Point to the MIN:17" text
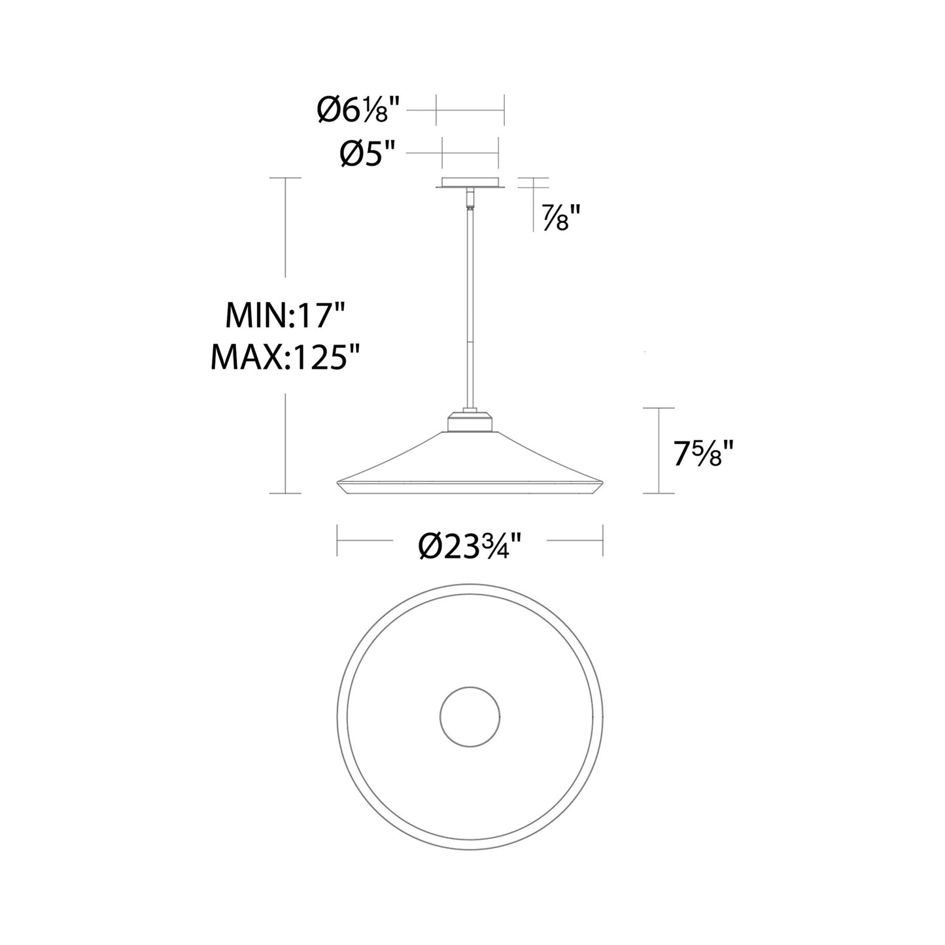point(284,317)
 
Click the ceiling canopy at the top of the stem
point(470,183)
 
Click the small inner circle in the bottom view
point(470,717)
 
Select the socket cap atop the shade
point(470,422)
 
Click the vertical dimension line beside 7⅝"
point(658,451)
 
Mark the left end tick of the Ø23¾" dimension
point(337,540)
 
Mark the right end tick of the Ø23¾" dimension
point(602,540)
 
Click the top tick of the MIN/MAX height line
point(286,178)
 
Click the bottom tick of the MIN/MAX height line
point(286,493)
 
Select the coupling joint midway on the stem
point(470,343)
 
